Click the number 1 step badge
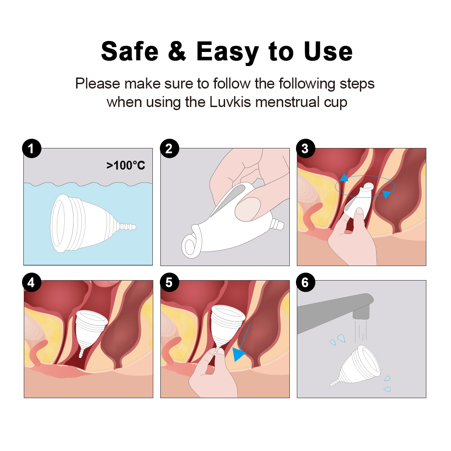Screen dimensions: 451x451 coord(32,148)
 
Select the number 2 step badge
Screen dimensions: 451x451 coord(170,148)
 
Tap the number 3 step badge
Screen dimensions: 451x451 coord(306,148)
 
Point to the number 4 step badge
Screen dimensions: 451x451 coord(32,282)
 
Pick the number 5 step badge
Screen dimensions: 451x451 coord(170,282)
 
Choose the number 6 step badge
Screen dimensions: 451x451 coord(306,282)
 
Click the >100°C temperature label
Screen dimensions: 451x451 coord(126,166)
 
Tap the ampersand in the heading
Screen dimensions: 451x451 coord(177,51)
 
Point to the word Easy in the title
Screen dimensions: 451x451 coord(228,52)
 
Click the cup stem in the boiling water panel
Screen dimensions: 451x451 coord(126,226)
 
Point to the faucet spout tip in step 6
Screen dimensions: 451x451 coord(361,313)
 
